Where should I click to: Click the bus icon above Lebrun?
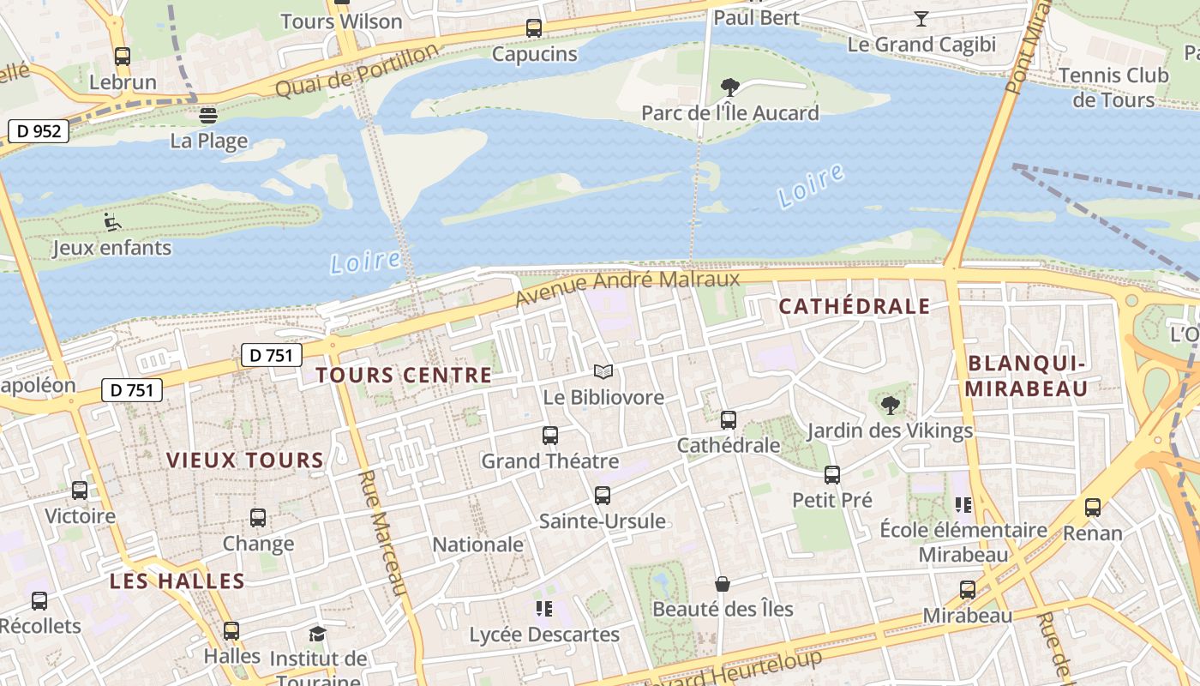(123, 57)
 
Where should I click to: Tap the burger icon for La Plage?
(208, 115)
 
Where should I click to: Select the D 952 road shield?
(39, 131)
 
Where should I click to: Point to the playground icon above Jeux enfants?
(112, 222)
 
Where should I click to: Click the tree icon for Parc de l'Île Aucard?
(730, 87)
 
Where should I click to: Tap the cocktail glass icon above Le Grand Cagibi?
(921, 18)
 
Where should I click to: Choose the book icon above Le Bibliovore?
(603, 371)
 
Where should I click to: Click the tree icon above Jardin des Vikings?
(891, 405)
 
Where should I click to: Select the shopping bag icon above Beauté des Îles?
(723, 584)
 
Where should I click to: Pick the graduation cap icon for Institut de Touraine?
(318, 634)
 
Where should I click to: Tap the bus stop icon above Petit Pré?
(831, 474)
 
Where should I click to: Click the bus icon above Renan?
(1093, 507)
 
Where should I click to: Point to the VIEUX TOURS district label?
(245, 460)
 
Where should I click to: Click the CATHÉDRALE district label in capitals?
(854, 306)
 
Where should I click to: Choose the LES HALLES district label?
(177, 581)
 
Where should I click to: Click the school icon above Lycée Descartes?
(543, 609)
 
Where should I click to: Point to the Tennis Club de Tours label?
(1113, 87)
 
